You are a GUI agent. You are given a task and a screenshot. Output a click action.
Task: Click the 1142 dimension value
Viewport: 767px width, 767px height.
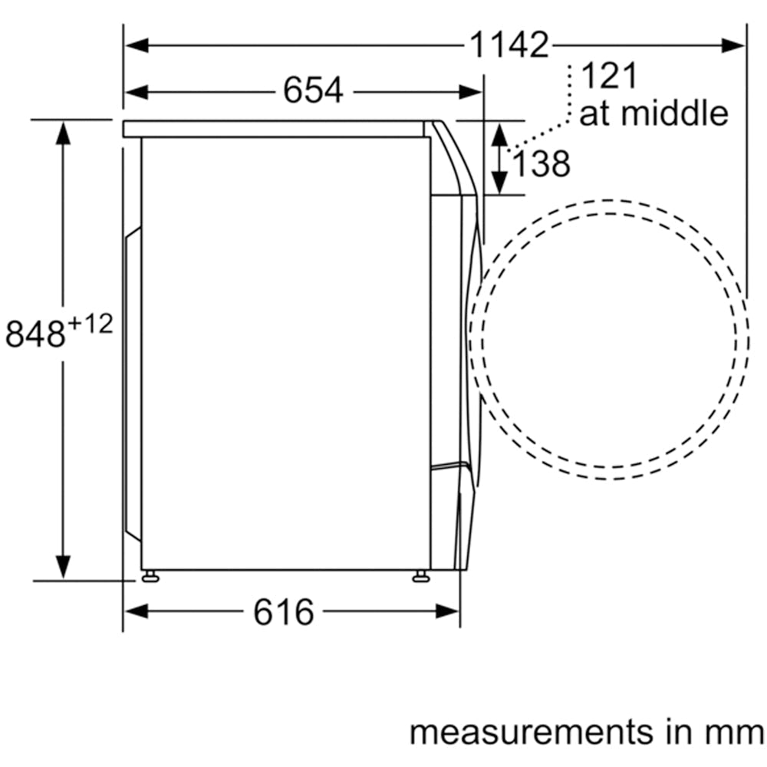(x=509, y=45)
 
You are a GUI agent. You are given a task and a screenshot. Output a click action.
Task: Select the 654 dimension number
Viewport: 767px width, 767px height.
(x=314, y=91)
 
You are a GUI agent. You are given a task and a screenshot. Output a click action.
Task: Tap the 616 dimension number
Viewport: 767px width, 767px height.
(x=284, y=612)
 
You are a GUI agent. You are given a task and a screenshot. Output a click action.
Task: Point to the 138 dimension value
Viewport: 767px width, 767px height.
(x=541, y=163)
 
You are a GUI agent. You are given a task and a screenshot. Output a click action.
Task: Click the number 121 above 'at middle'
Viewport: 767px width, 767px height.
(x=610, y=75)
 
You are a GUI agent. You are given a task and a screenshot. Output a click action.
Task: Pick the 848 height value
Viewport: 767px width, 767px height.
(x=35, y=334)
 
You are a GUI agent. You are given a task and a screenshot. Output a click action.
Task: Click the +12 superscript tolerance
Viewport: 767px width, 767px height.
(x=90, y=324)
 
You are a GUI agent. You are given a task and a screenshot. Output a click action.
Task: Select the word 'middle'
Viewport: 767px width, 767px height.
(x=675, y=113)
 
